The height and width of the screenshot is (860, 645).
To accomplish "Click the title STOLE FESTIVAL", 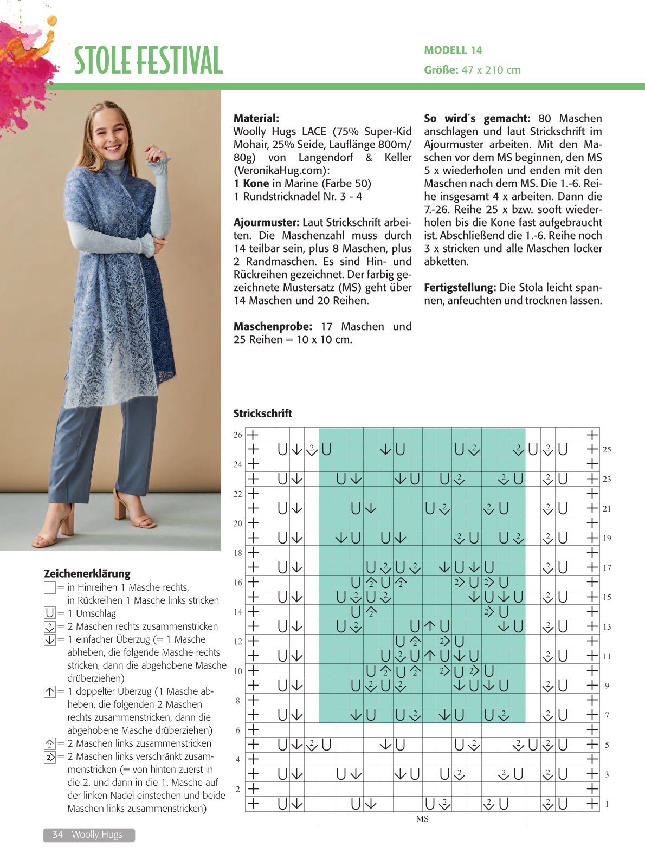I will [x=148, y=60].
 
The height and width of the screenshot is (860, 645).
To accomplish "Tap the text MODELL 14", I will [x=453, y=50].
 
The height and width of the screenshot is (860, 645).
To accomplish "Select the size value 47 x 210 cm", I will [x=491, y=70].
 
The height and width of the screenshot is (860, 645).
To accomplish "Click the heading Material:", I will [x=256, y=118].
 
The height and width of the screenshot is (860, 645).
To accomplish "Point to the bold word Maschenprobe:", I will [x=273, y=327].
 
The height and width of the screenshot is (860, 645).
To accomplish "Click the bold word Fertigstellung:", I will [x=460, y=288].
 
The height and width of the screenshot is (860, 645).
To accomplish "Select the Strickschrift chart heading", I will [x=262, y=413].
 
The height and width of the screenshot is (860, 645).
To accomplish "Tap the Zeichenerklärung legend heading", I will [x=87, y=573].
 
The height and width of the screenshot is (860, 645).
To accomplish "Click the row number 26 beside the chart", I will [x=238, y=435].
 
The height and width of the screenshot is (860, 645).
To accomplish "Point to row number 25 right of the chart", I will [x=607, y=450].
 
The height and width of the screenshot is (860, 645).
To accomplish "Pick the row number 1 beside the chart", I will [x=607, y=804].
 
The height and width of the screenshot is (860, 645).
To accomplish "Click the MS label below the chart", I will [x=422, y=819].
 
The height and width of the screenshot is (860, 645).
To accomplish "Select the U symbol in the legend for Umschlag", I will [x=50, y=613].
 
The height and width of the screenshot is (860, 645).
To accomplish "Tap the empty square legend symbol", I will [x=50, y=587].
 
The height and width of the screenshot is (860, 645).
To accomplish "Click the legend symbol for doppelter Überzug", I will [x=50, y=691].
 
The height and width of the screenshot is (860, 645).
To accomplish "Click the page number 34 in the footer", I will [x=57, y=835].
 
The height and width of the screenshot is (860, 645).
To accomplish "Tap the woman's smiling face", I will [x=112, y=133].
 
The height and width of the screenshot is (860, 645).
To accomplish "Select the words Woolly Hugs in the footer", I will [x=97, y=835].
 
